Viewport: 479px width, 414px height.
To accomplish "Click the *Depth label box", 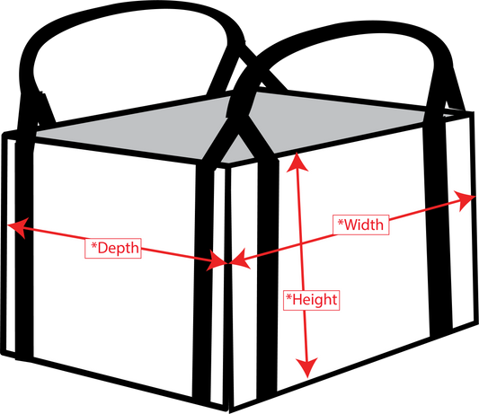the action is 113,248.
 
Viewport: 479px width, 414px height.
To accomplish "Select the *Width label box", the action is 360,225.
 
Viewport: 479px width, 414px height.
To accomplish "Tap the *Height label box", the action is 311,300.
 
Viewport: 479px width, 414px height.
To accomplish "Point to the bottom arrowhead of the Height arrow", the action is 307,367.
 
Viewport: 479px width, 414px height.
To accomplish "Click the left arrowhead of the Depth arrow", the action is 18,227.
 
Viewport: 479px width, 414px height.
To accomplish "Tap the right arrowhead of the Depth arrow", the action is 217,260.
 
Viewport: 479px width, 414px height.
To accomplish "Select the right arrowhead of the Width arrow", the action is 465,199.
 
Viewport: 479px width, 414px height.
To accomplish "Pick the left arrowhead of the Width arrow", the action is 240,259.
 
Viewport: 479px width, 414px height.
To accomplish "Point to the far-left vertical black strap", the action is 24,244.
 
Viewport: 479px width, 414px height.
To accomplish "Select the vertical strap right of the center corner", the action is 267,275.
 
